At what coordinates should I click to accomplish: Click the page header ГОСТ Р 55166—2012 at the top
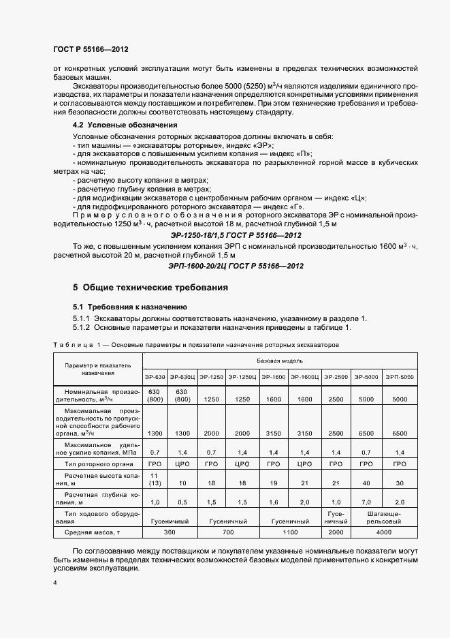coord(91,49)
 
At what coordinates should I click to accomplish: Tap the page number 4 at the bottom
coord(55,584)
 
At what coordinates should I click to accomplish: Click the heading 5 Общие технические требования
coord(150,288)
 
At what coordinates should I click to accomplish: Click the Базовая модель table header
coord(279,359)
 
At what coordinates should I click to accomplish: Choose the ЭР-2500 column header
coord(336,376)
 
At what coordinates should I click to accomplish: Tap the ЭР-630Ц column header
coord(182,376)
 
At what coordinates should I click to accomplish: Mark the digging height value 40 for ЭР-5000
coord(367,483)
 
